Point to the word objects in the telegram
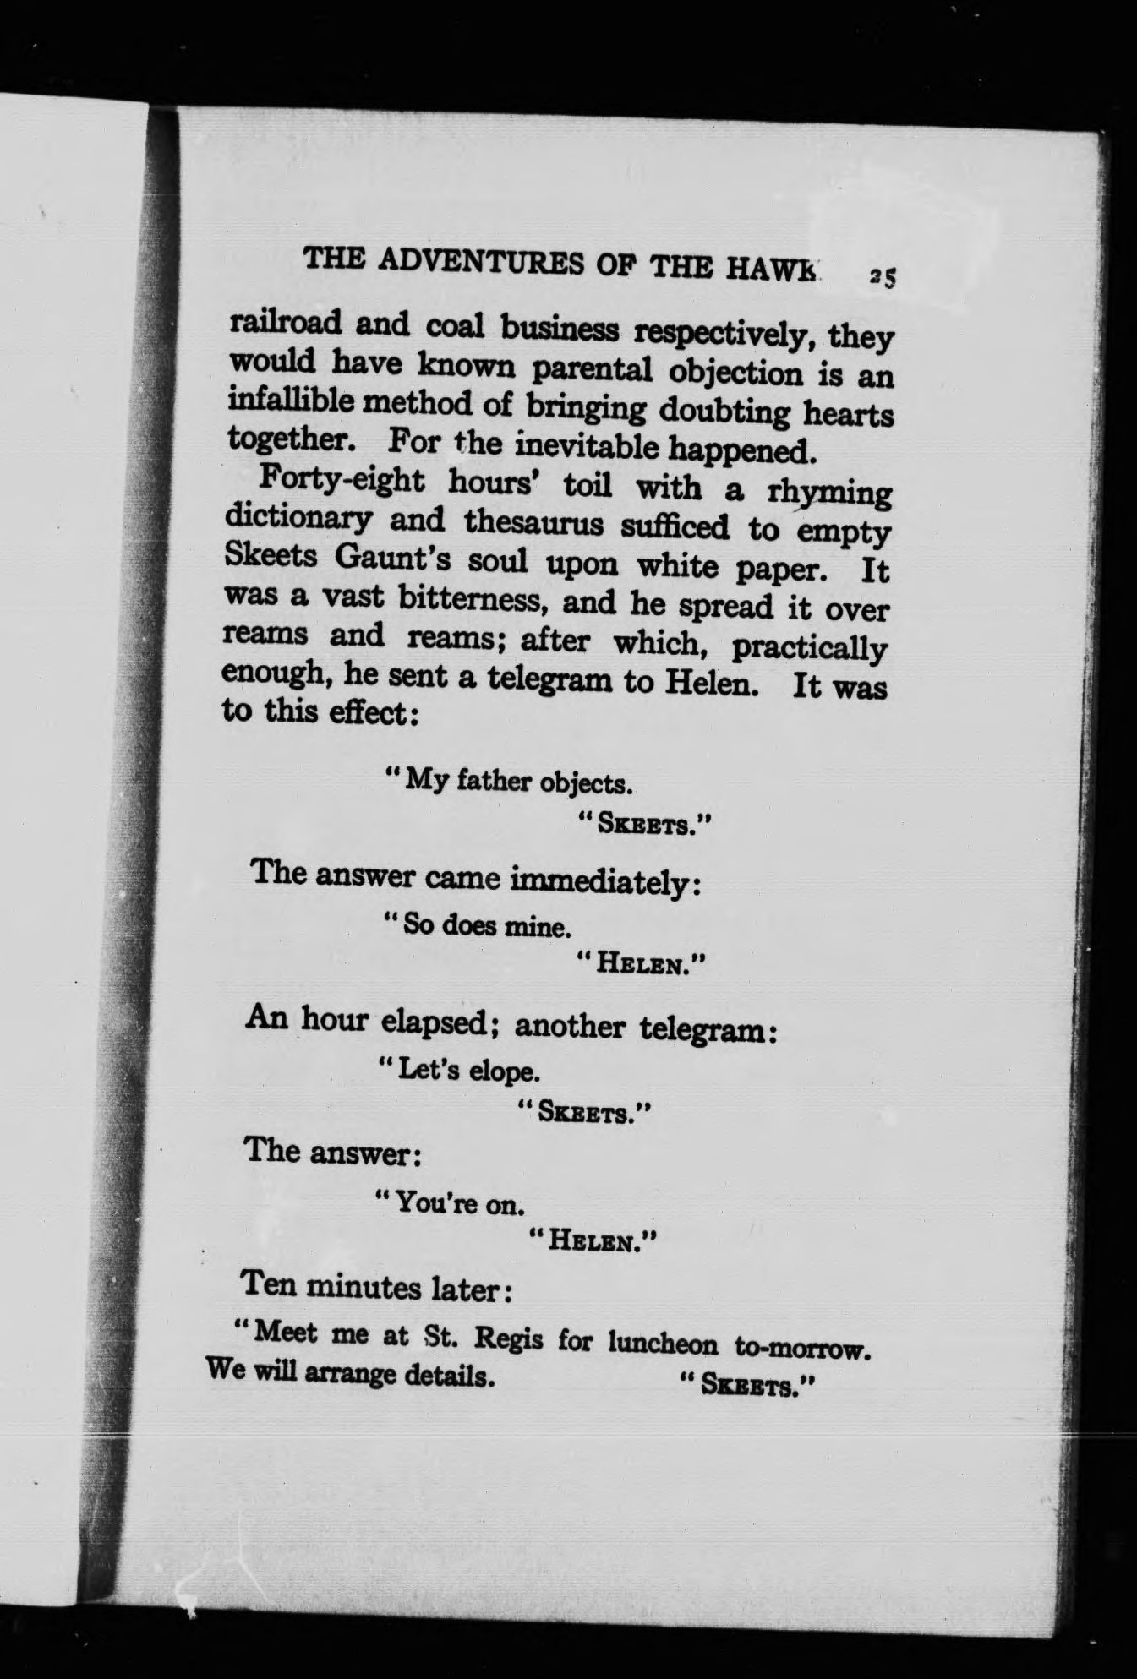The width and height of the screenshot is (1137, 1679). pyautogui.click(x=586, y=782)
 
